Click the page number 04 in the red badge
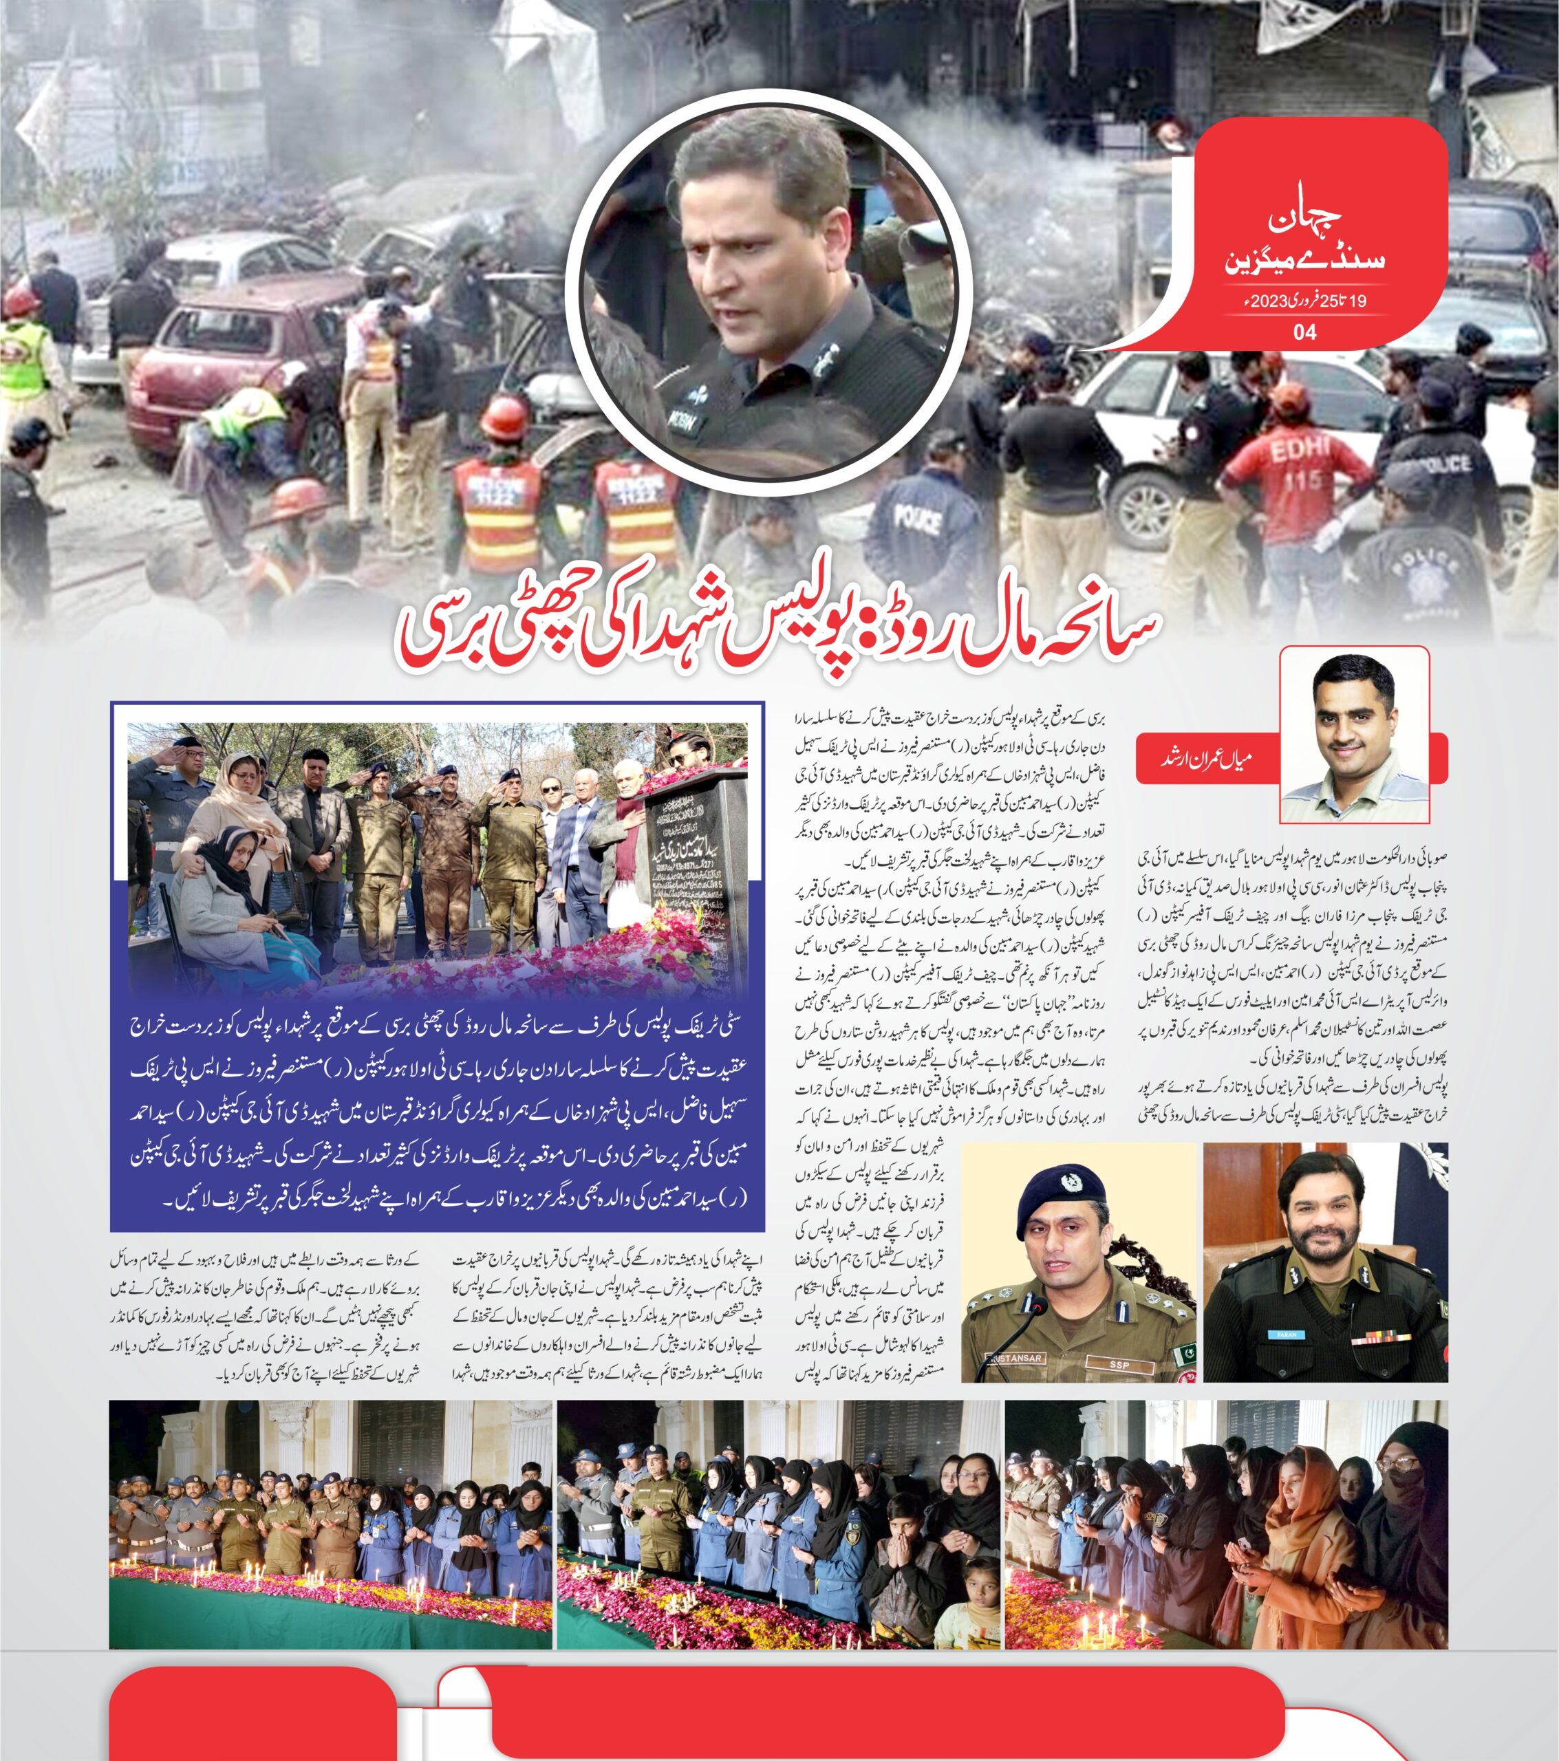[x=1306, y=332]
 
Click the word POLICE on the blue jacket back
[x=917, y=516]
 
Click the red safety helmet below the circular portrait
[x=504, y=418]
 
